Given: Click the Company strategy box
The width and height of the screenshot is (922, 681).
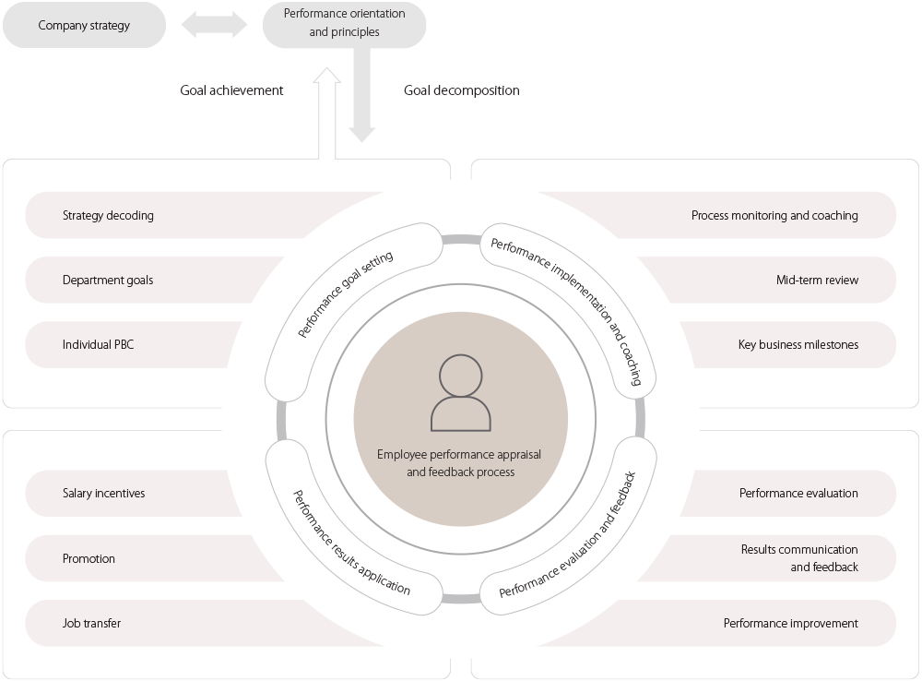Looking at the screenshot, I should coord(84,26).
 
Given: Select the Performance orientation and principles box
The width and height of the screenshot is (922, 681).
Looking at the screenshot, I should coord(344,25).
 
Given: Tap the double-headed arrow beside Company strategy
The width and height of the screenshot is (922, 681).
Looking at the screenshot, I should coord(215,26).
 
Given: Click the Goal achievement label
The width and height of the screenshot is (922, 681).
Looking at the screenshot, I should coord(231,90).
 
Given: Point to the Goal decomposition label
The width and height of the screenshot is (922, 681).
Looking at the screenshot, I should coord(461,90).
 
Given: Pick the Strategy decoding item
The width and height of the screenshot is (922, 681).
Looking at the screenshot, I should coord(108,216).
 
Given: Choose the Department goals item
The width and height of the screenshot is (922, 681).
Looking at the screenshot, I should coord(108,281).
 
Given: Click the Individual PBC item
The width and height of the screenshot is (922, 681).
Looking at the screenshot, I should coord(98,345).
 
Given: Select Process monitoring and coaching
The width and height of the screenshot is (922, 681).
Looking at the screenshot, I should coord(774,216).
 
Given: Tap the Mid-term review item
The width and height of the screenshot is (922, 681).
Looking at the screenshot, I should coord(817,281).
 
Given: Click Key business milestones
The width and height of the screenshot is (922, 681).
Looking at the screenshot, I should coord(798,345).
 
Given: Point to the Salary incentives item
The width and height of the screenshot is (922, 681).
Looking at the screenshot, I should coord(103,494).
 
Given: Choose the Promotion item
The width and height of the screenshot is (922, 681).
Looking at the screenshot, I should coord(89,559).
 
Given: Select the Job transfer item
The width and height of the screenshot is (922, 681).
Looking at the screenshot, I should coord(91,624).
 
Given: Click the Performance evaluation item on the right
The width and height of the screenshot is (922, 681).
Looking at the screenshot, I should coord(798,494).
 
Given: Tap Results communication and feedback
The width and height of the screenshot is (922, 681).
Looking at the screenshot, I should coord(799,558).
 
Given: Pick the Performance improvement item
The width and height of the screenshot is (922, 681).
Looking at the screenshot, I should coord(790,624).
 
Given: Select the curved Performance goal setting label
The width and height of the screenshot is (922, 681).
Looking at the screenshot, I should coord(346,293).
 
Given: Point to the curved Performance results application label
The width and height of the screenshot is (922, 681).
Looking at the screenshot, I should coord(351,544).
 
